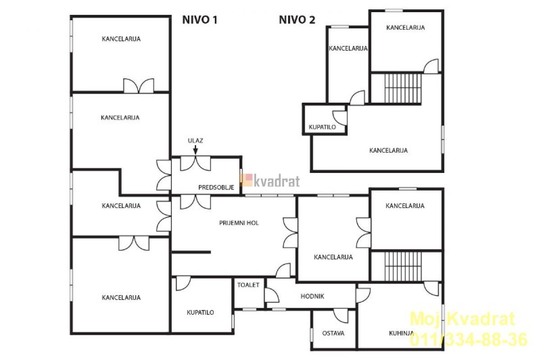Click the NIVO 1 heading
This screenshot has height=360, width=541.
coord(200,20)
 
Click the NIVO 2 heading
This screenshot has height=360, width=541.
coord(297,20)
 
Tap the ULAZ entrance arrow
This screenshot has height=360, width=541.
coord(195,150)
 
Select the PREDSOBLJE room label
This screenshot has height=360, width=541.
coord(216,187)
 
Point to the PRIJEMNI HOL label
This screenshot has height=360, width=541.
coord(239,223)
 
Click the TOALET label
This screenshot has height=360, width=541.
coord(248,285)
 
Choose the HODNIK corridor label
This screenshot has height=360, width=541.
coord(312,296)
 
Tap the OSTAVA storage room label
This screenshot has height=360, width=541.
coord(333,333)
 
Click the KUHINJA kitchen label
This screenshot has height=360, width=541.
coord(401,333)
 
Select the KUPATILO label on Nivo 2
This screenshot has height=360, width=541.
coord(322,127)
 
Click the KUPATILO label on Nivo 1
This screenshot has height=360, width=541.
coord(200,312)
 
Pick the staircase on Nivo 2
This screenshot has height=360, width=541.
coord(403,88)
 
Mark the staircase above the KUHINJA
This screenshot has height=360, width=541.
coord(403,267)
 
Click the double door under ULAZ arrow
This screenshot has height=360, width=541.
coord(195,163)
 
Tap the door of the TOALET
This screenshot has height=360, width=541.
coord(272,295)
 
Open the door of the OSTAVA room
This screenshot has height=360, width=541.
coord(340,316)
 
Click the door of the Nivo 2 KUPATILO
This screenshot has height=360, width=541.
coord(340,118)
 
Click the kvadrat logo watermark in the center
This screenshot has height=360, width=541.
coord(270,181)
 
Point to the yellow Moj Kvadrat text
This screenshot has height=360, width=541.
coord(463,319)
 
